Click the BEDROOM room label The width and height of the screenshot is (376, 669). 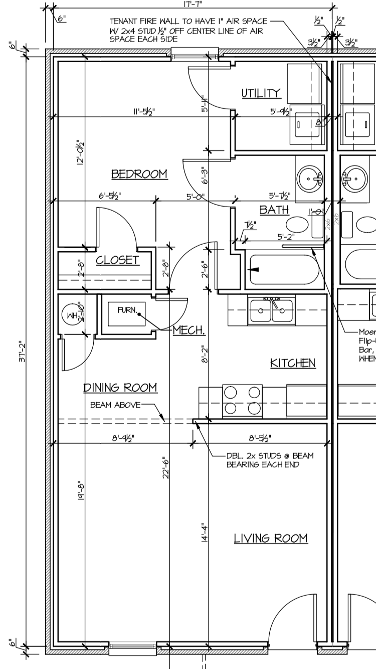tap(139, 174)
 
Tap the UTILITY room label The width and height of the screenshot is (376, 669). tap(261, 93)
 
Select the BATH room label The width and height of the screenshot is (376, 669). tap(274, 210)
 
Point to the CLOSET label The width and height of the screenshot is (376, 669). tap(117, 260)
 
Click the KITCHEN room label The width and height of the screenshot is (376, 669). tap(293, 363)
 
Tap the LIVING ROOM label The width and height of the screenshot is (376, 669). tap(271, 538)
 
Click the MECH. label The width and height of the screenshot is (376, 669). tap(189, 330)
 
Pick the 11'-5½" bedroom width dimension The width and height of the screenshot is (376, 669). tap(144, 112)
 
